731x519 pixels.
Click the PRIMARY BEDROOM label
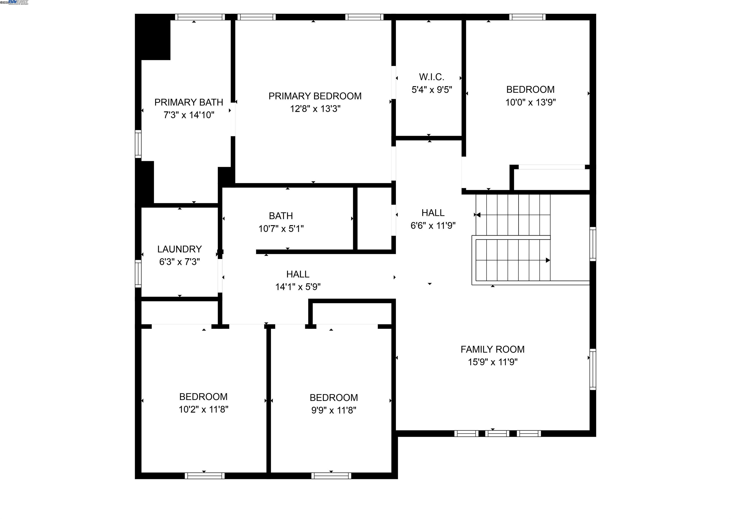[315, 96]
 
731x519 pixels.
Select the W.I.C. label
[431, 77]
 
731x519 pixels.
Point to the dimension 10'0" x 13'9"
[530, 102]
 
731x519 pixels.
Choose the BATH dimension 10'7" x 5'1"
[281, 228]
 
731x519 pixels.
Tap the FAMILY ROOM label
[492, 349]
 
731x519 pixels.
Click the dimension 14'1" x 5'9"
[298, 287]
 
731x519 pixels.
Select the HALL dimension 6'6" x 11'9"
[433, 226]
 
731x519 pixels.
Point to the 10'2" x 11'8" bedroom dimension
[203, 409]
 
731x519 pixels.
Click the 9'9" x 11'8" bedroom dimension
[334, 410]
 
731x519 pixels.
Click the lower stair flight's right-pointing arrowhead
[548, 260]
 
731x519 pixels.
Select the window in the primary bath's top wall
[200, 17]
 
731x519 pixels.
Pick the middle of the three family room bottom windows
[497, 434]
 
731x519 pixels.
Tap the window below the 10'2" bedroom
[204, 476]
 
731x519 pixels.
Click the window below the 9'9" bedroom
[331, 476]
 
